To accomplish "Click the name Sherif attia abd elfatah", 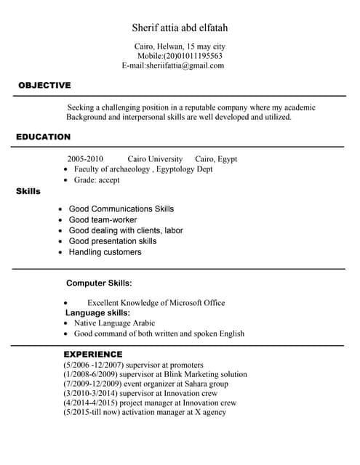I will click(180, 28).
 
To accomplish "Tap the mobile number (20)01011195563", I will click(193, 55).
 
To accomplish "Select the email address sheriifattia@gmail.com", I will click(185, 65).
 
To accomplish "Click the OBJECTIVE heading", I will click(44, 85).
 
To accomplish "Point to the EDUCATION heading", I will click(43, 137).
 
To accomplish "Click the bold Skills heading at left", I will click(28, 191).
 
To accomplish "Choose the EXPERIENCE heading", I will click(93, 354).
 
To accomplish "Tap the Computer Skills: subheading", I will click(99, 283).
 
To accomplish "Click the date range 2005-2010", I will click(85, 158).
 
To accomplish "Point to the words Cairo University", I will click(155, 158).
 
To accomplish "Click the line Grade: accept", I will click(97, 179).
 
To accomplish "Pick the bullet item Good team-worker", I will click(103, 219).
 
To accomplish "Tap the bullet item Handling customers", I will click(105, 252).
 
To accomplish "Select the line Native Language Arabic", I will click(114, 323).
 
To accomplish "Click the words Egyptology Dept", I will click(185, 169).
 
